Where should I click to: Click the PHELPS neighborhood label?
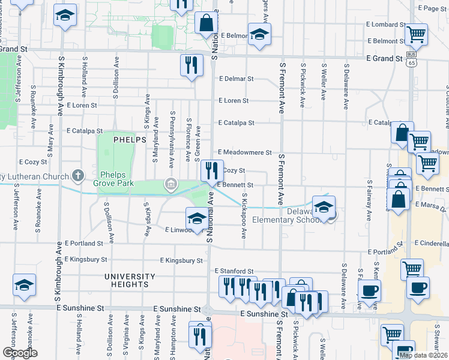[x=130, y=140]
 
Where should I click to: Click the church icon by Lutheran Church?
[x=77, y=175]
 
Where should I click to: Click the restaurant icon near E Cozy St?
[x=211, y=171]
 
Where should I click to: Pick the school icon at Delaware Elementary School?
[x=324, y=207]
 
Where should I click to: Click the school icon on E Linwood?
[x=196, y=218]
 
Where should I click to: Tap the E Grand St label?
[x=384, y=59]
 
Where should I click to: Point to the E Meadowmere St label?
[x=245, y=152]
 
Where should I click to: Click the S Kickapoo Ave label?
[x=244, y=216]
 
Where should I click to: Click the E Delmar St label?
[x=237, y=79]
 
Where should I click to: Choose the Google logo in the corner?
[x=19, y=353]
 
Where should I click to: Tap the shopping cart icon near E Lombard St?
[x=415, y=35]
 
